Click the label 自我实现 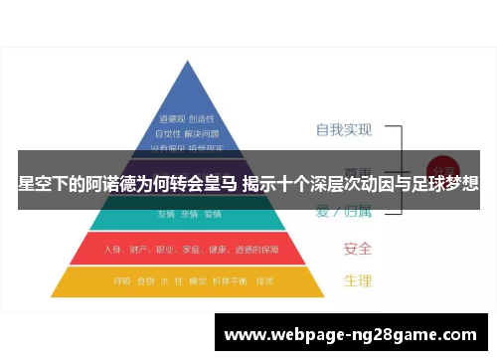click(x=343, y=130)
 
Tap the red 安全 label click(x=358, y=248)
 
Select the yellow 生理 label click(x=358, y=281)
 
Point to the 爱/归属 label click(x=345, y=211)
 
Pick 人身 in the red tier click(x=113, y=248)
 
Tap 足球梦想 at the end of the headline click(x=446, y=184)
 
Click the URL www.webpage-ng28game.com click(x=354, y=335)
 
